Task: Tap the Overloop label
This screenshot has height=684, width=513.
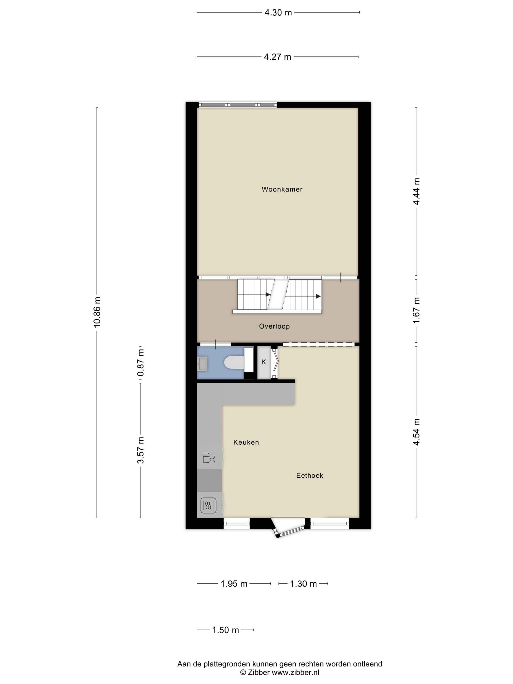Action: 274,326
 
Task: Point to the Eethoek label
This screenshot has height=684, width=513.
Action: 310,475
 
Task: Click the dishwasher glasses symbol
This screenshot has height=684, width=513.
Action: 209,458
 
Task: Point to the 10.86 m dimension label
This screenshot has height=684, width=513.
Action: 97,312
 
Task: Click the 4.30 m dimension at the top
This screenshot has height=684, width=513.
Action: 278,13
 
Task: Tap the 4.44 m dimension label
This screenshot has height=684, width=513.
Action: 416,192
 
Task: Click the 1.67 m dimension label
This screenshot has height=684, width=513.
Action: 416,310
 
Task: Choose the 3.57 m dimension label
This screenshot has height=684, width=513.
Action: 141,450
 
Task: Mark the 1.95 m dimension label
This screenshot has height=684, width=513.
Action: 234,584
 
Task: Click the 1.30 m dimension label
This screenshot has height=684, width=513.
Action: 303,584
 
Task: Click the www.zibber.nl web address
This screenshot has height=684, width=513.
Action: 296,672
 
